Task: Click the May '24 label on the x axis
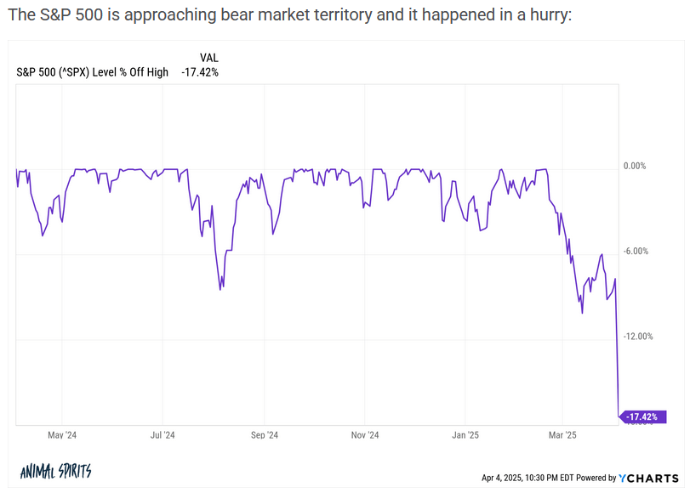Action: (62, 435)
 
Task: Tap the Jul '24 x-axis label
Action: (163, 435)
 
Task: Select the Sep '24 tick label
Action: (264, 435)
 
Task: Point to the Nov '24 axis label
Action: (364, 435)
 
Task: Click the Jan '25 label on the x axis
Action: (465, 435)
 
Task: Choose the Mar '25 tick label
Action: (562, 435)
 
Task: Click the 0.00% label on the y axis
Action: (635, 166)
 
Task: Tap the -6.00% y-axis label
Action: (635, 251)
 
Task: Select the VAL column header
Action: (208, 58)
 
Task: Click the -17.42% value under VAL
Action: (200, 72)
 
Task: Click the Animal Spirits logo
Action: (55, 472)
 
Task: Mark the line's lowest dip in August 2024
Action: (221, 290)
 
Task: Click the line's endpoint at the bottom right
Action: (619, 416)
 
